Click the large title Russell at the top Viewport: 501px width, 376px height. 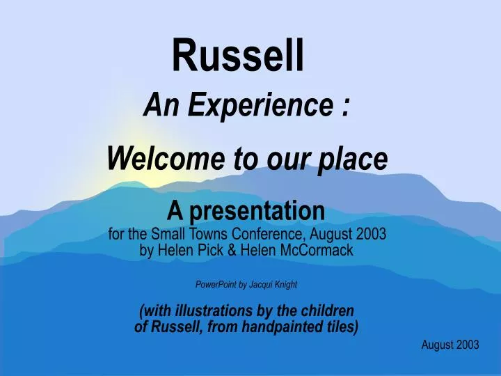[x=239, y=56]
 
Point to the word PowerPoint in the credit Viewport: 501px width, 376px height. [x=216, y=284]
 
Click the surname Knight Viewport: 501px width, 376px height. [x=289, y=284]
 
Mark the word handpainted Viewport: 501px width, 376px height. [x=285, y=326]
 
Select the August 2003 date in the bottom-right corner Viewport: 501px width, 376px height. [x=450, y=345]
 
